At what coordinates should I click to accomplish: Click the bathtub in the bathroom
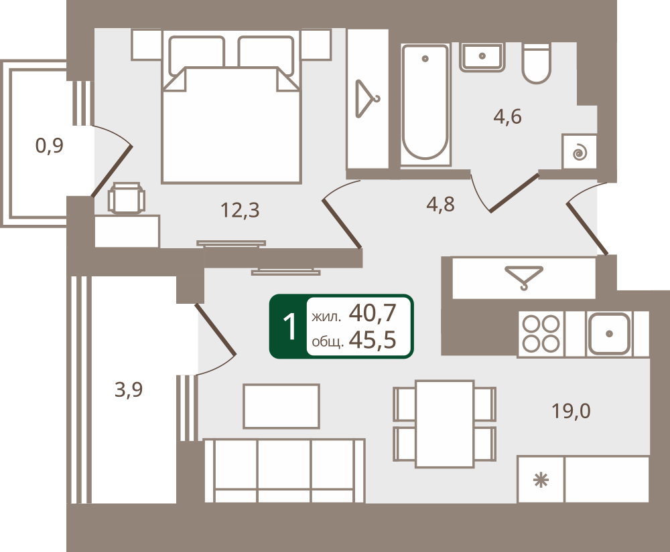click(x=425, y=104)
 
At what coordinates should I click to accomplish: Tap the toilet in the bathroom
click(x=537, y=64)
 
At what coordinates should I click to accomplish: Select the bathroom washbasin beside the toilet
click(x=482, y=57)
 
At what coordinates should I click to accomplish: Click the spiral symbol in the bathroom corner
click(x=579, y=152)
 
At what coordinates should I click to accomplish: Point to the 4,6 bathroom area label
click(x=508, y=116)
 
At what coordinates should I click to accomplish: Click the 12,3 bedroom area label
click(x=240, y=210)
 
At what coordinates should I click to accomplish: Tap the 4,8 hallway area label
click(x=441, y=204)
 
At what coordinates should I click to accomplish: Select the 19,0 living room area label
click(x=571, y=411)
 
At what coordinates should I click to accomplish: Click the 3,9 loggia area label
click(x=129, y=389)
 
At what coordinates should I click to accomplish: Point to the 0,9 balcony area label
click(x=50, y=145)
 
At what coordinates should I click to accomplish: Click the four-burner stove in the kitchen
click(x=541, y=334)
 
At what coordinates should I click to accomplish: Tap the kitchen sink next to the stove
click(x=609, y=334)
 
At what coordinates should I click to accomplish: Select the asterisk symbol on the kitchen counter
click(x=541, y=481)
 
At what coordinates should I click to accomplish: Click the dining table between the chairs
click(x=444, y=424)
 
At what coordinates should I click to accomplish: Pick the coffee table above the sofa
click(x=281, y=406)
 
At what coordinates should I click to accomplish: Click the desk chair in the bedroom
click(x=127, y=197)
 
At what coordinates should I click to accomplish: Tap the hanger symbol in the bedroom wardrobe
click(x=367, y=98)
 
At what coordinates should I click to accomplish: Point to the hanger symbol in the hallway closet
click(x=524, y=277)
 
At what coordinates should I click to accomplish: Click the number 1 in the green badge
click(x=289, y=327)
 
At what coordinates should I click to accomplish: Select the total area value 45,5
click(x=373, y=340)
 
